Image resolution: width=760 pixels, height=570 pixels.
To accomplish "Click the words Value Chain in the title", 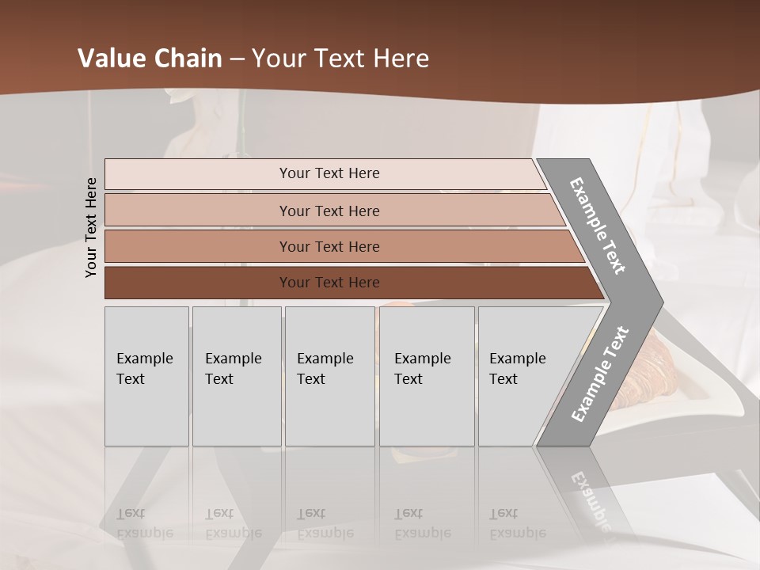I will coord(150,59).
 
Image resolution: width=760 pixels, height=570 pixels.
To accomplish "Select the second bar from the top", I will coord(329,211).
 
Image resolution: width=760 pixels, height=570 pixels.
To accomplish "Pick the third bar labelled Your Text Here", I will coord(329,246).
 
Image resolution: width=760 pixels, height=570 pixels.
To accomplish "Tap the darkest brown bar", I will coord(329,283).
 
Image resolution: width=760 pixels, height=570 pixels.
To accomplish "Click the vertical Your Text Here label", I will coord(91,227).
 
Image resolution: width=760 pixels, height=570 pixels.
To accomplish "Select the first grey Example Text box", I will coord(146,376).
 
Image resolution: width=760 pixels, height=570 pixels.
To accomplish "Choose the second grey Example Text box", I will coord(236,376).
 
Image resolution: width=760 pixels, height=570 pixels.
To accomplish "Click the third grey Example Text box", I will coord(329,376).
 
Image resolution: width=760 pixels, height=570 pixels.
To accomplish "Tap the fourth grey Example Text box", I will coord(427,376).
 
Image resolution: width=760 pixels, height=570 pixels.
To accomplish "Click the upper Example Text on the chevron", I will coord(598,226).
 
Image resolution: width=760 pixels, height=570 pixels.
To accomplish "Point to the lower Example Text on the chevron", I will coord(600,374).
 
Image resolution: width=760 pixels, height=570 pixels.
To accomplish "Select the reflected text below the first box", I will coord(144,523).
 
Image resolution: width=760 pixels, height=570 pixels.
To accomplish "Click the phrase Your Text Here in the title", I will coord(340,59).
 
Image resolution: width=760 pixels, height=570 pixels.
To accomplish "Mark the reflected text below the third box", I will coord(325,523).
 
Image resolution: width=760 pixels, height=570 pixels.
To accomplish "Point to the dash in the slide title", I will coord(237,59).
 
